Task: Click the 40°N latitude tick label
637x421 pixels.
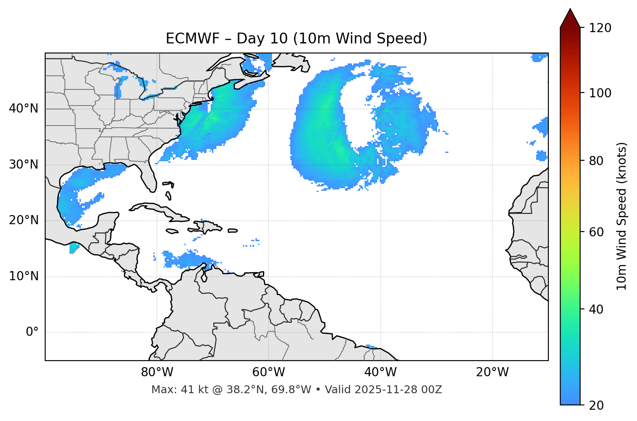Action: pos(23,109)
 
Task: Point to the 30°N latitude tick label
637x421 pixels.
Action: pos(23,165)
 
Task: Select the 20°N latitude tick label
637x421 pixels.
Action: pos(23,220)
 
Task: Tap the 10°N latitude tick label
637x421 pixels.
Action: pos(23,276)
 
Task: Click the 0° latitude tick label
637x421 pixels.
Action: pos(32,332)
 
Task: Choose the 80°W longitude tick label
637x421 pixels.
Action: pos(157,372)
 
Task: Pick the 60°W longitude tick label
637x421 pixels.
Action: pos(269,372)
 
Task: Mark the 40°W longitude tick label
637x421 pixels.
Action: pos(380,372)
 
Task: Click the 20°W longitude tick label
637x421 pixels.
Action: pos(492,372)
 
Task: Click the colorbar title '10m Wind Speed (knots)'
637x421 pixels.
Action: pos(622,216)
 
